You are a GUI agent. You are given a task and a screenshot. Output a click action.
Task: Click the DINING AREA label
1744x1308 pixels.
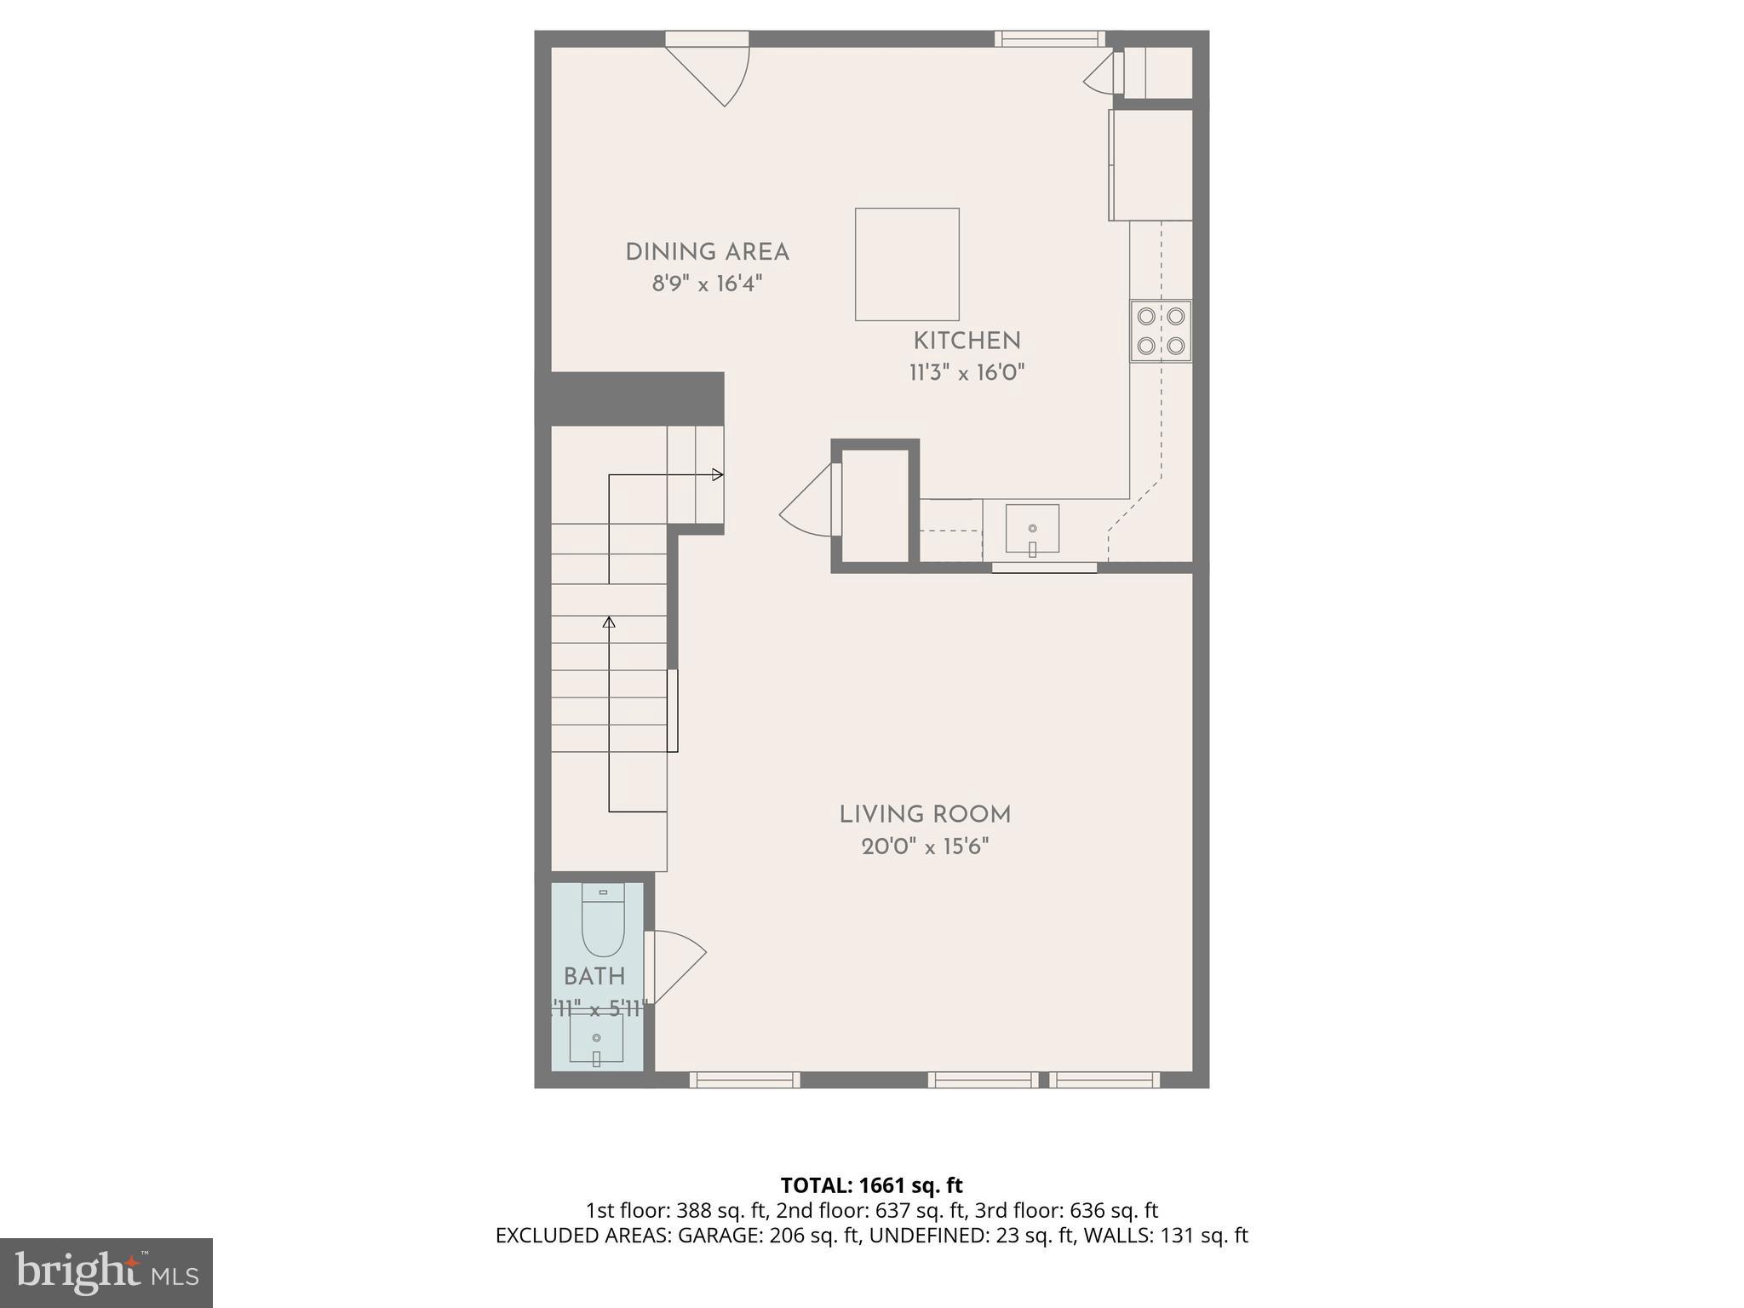(x=707, y=252)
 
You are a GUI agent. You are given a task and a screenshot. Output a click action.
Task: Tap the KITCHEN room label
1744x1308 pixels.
(x=967, y=341)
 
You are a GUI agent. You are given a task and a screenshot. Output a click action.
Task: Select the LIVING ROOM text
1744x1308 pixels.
(x=925, y=815)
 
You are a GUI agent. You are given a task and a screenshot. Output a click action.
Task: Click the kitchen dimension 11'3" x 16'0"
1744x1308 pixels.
(x=967, y=373)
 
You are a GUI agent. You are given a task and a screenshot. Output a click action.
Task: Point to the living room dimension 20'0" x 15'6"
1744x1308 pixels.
(x=925, y=846)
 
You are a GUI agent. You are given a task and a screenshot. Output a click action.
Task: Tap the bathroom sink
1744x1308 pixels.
(x=596, y=1038)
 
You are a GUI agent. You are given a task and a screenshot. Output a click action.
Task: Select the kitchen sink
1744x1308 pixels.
(x=1032, y=529)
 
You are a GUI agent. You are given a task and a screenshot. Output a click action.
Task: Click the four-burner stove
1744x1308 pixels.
(x=1161, y=331)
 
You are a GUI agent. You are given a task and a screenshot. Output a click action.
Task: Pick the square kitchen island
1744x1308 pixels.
(x=907, y=264)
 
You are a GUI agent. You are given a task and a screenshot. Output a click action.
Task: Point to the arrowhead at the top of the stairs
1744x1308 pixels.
(x=718, y=474)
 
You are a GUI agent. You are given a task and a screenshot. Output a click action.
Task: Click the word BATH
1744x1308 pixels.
(x=594, y=977)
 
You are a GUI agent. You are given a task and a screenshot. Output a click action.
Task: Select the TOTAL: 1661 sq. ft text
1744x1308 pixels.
(x=871, y=1185)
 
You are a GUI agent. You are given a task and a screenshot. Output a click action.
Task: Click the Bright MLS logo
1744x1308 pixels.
(x=106, y=1272)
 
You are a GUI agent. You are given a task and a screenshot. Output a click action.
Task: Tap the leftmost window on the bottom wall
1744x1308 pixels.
(x=744, y=1080)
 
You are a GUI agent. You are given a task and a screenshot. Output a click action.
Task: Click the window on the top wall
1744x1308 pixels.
(x=1050, y=38)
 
